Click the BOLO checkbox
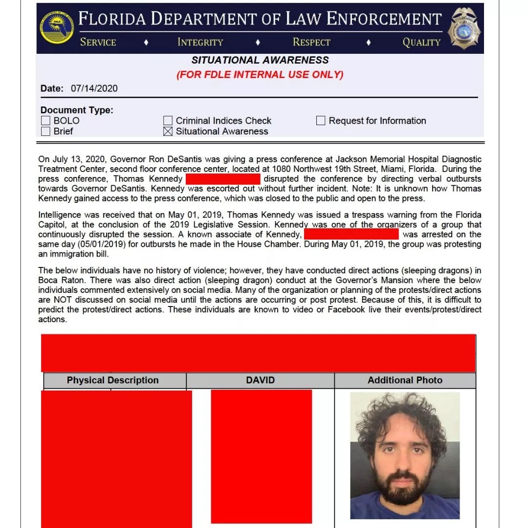[45, 121]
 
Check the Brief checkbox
[45, 132]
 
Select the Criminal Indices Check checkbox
[168, 121]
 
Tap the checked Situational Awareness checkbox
[168, 132]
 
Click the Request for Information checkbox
[321, 121]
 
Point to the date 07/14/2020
[94, 88]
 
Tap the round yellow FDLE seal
[57, 27]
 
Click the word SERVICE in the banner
[98, 42]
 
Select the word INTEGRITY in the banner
[200, 42]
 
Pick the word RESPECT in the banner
[311, 42]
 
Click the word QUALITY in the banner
[421, 42]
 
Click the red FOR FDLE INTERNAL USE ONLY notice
[260, 75]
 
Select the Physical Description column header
[113, 380]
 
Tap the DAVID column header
[261, 380]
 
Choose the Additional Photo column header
[405, 380]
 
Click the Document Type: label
[77, 110]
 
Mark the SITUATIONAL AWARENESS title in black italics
[260, 60]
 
